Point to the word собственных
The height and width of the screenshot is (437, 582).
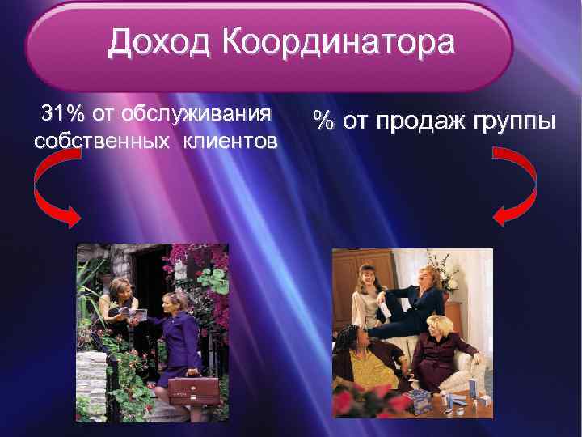click(92, 141)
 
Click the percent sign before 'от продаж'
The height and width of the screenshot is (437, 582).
click(324, 122)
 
